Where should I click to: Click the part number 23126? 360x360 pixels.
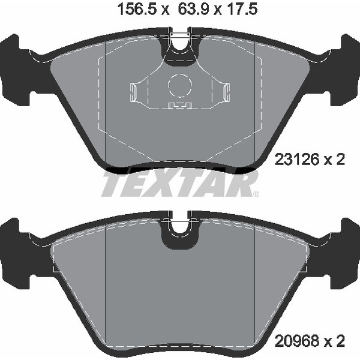297,160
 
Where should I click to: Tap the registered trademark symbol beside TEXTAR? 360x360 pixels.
256,194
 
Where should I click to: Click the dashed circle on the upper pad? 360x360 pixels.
180,85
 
